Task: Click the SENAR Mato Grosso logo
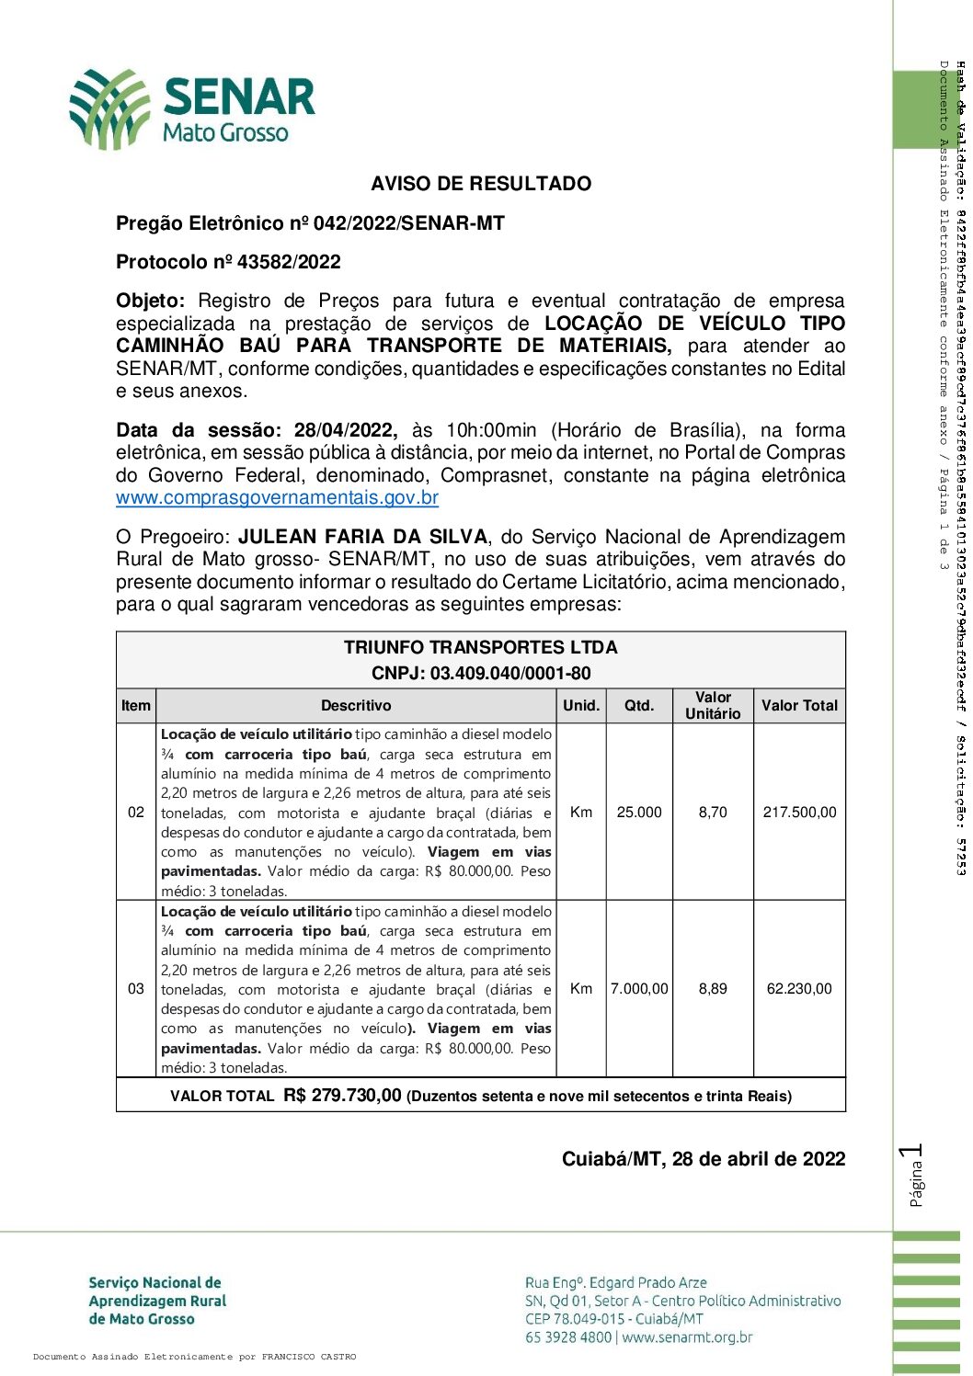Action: click(192, 108)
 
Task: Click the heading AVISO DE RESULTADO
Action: click(481, 184)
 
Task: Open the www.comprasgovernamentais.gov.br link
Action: click(277, 498)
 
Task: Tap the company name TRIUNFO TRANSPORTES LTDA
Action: click(481, 647)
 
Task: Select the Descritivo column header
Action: click(356, 706)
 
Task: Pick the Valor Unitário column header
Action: click(713, 705)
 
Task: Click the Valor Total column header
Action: click(799, 706)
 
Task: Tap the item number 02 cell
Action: click(136, 813)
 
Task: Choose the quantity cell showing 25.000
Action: click(639, 813)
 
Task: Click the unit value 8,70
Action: click(713, 813)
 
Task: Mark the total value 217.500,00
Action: click(799, 813)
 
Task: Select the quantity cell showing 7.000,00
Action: click(639, 989)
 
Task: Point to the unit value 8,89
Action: click(713, 989)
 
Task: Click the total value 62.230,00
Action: click(799, 989)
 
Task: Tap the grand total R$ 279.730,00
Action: click(342, 1095)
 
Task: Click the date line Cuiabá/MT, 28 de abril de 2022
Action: click(704, 1159)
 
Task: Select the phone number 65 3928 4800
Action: click(568, 1337)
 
